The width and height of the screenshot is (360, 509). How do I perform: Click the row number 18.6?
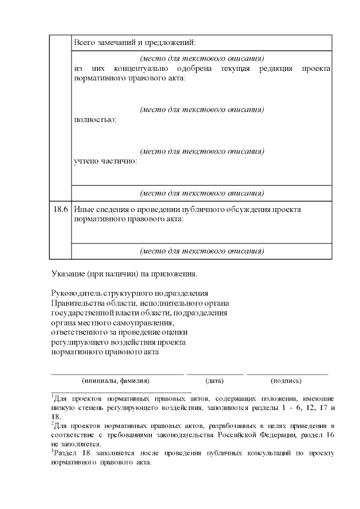tap(60, 209)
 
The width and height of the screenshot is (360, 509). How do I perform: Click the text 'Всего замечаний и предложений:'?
tap(135, 42)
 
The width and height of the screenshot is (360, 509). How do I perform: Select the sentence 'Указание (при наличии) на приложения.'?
tap(124, 274)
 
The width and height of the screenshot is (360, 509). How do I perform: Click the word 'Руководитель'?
tap(74, 294)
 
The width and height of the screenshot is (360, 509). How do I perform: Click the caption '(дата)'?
tap(215, 381)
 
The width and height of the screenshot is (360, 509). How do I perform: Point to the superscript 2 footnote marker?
tap(52, 423)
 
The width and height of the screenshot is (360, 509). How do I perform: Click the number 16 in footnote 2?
tap(330, 435)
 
